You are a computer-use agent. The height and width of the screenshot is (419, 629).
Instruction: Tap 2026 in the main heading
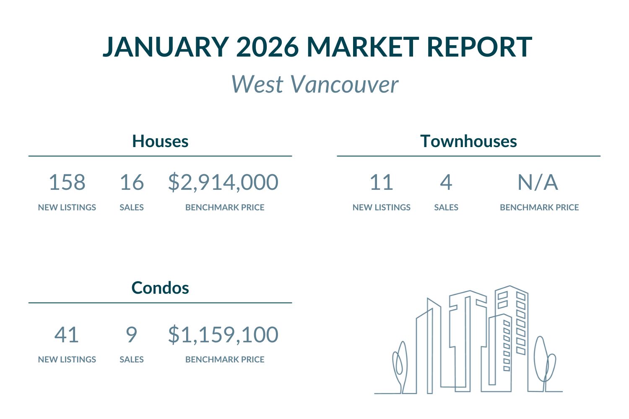(x=267, y=47)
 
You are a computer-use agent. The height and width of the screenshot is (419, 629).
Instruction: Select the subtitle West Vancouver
(x=314, y=84)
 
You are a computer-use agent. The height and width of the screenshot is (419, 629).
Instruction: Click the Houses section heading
(x=160, y=141)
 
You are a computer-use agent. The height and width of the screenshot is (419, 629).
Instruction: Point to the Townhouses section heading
(x=468, y=141)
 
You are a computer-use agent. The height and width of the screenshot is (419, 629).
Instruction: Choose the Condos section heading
(x=160, y=288)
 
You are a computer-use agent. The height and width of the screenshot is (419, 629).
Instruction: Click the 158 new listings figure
(x=67, y=183)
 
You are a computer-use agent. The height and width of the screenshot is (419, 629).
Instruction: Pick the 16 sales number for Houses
(x=132, y=183)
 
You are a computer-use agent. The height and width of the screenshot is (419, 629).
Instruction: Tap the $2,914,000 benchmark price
(x=223, y=183)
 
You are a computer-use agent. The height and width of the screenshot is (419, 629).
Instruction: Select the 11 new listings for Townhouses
(x=381, y=183)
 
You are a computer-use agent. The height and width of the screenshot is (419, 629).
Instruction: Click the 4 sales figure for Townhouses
(x=446, y=183)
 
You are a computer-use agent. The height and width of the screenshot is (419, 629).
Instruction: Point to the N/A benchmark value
(x=538, y=183)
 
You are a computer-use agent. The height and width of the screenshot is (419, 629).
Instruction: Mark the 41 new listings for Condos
(x=67, y=335)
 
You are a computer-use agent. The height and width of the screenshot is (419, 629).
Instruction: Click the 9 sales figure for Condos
(x=132, y=335)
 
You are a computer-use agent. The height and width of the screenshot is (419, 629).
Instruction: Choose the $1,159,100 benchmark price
(x=223, y=335)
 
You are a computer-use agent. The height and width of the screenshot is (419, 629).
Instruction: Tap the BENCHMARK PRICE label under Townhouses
(x=539, y=207)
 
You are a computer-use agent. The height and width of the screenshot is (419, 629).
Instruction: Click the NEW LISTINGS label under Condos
(x=67, y=360)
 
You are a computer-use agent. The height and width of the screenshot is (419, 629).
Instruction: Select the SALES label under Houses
(x=132, y=207)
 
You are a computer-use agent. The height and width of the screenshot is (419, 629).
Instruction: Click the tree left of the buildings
(x=399, y=365)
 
